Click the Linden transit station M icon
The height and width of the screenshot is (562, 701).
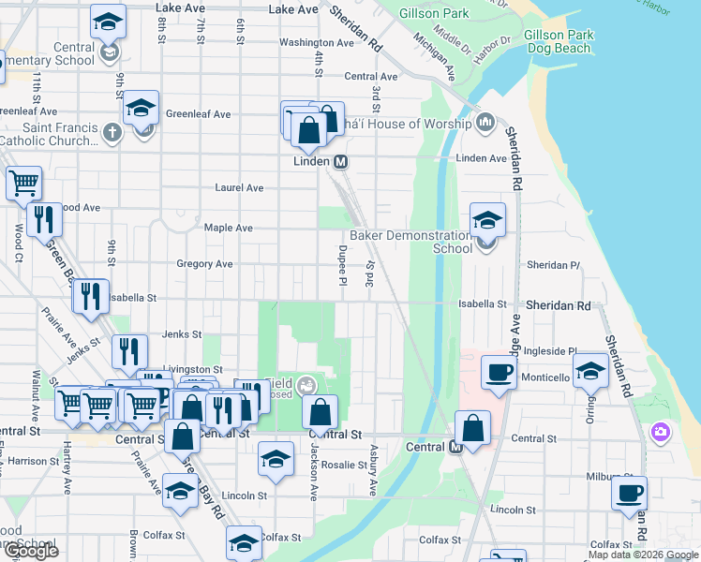[341, 161]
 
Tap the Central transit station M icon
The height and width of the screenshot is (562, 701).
[456, 447]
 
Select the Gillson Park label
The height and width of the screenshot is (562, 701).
[433, 14]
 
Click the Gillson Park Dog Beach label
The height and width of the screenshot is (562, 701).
[559, 41]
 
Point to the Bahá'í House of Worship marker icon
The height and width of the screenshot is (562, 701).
[485, 123]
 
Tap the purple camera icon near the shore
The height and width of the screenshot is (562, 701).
[661, 432]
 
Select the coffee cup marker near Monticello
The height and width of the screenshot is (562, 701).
[499, 372]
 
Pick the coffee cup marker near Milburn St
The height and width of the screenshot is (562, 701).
[629, 493]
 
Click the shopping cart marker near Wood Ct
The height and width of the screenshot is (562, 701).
[24, 183]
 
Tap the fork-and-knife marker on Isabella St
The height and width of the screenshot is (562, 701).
[91, 295]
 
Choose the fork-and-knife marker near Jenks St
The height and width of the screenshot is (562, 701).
[129, 351]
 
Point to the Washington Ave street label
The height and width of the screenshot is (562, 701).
[316, 43]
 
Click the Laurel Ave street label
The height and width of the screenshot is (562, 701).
[239, 187]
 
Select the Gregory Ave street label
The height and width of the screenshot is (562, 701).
[204, 264]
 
